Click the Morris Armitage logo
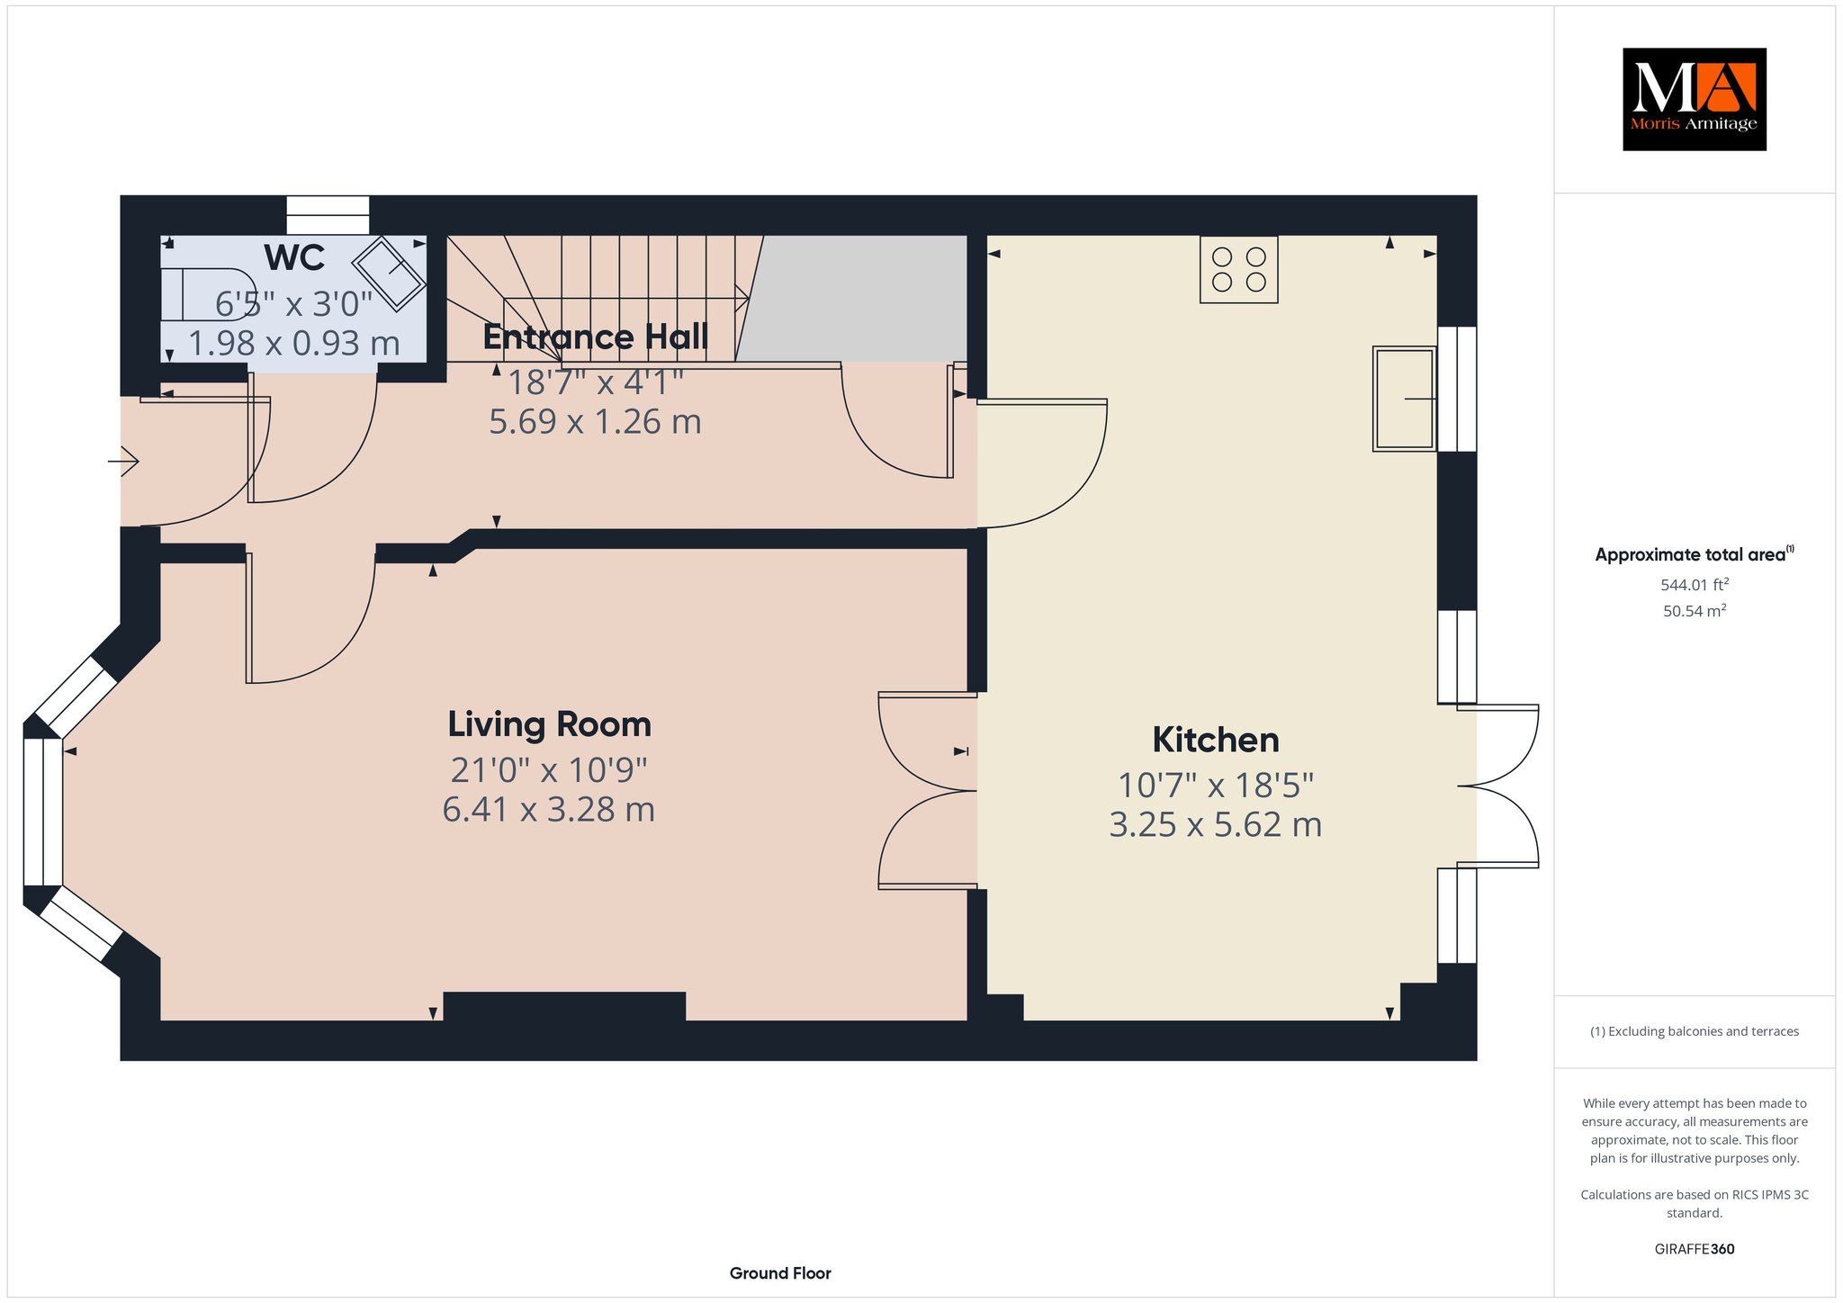pos(1694,99)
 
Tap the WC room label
pos(294,258)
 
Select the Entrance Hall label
pos(596,337)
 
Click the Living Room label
pos(550,724)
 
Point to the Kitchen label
pos(1216,740)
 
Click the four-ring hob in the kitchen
pos(1239,269)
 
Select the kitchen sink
pos(1404,398)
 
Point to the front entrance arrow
pos(123,462)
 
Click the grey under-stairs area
pos(851,298)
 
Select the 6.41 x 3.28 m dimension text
pos(549,810)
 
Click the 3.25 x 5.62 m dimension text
pos(1216,825)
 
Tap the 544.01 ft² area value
pos(1695,584)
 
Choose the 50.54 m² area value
pos(1695,611)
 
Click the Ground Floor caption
pos(780,1273)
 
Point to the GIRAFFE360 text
pos(1695,1249)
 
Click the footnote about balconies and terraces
pos(1695,1031)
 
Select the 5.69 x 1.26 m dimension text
pos(595,422)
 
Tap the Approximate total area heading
pos(1695,554)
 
